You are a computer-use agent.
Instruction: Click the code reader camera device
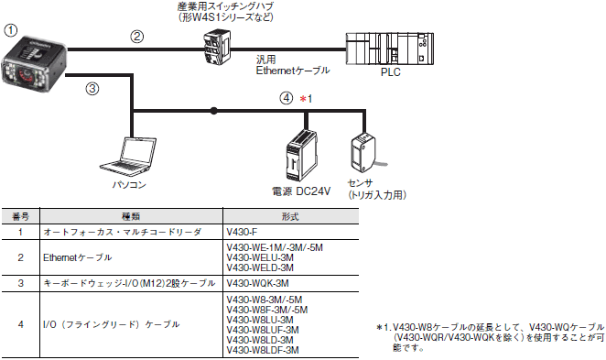tap(34, 64)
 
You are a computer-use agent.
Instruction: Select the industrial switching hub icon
tap(218, 48)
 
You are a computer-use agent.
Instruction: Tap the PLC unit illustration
tap(390, 49)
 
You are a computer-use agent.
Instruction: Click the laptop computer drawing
tap(128, 156)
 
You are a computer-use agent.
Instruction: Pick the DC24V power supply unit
tap(302, 156)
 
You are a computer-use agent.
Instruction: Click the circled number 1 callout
tap(11, 30)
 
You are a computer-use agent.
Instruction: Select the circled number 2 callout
tap(136, 37)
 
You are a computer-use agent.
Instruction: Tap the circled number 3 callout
tap(92, 89)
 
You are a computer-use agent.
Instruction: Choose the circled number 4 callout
tap(287, 98)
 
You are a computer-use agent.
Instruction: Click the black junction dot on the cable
tap(213, 111)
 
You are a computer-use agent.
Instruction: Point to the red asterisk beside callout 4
tap(303, 99)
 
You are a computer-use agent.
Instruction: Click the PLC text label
tap(390, 72)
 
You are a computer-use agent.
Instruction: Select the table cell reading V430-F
tap(242, 232)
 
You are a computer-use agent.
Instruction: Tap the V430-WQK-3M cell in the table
tap(257, 283)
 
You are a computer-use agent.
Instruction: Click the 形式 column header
tap(290, 216)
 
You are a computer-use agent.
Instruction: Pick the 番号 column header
tap(20, 216)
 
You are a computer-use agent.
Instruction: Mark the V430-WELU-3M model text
tap(260, 257)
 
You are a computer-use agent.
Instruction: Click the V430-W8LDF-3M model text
tap(263, 350)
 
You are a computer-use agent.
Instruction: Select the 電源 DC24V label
tap(301, 191)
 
